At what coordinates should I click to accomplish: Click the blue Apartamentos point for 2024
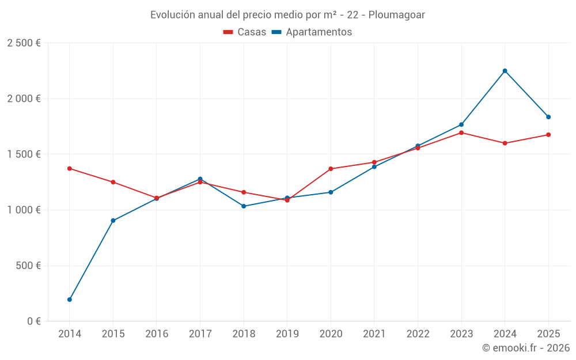point(505,71)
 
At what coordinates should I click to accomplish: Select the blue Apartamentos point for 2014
point(70,300)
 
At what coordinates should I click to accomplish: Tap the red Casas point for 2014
point(70,169)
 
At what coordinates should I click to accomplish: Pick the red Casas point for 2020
point(331,169)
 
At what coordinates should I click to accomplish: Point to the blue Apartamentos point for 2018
point(244,206)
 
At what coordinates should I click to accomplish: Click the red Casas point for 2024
point(505,143)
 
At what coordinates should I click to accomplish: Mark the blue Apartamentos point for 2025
point(548,117)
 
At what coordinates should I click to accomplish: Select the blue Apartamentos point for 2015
point(113,221)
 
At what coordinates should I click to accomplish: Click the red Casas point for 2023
point(461,132)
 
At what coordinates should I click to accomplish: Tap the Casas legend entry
point(245,32)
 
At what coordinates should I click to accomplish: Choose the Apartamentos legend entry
point(312,32)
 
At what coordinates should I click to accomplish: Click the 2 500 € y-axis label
point(24,43)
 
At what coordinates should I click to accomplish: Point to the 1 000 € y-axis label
point(24,210)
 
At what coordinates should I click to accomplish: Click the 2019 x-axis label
point(287,334)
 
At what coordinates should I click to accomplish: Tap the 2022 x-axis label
point(418,334)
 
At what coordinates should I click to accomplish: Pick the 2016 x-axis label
point(157,334)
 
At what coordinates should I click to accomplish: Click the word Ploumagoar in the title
point(397,15)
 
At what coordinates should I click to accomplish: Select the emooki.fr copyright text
point(526,348)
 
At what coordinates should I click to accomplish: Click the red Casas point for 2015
point(113,182)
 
